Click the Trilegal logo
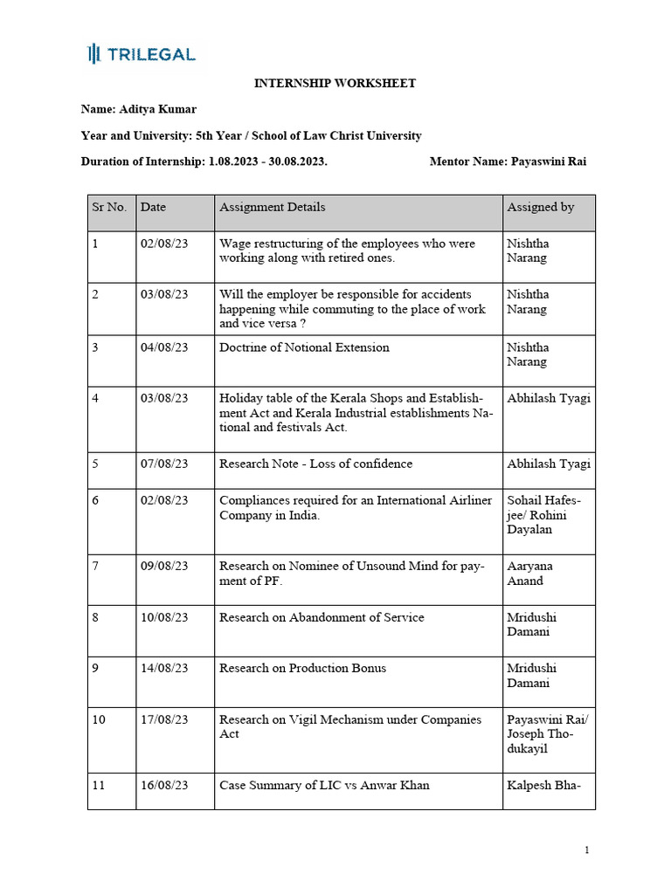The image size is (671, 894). [142, 54]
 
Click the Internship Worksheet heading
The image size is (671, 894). [335, 84]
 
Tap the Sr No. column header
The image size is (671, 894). [109, 208]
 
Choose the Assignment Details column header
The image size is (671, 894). [272, 208]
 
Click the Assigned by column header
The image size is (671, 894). [540, 208]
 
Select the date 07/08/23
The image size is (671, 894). [164, 464]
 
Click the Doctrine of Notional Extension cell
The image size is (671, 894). [304, 347]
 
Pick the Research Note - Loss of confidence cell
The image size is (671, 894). [315, 464]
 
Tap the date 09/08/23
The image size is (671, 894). [164, 566]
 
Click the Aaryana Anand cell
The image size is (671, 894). [529, 573]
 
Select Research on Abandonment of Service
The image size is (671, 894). [322, 617]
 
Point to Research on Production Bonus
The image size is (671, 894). [302, 668]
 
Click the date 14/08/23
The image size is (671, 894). [164, 668]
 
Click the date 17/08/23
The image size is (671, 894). [164, 719]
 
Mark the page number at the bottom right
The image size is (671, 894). [587, 850]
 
